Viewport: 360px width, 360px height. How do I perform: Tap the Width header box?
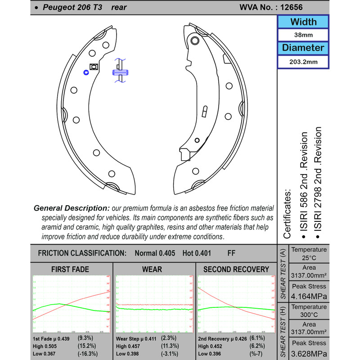pyautogui.click(x=303, y=22)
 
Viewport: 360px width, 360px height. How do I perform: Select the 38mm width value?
pyautogui.click(x=303, y=35)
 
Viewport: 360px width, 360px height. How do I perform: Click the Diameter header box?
pyautogui.click(x=303, y=47)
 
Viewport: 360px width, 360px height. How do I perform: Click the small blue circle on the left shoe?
pyautogui.click(x=86, y=71)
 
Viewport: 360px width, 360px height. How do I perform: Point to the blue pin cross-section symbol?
pyautogui.click(x=121, y=72)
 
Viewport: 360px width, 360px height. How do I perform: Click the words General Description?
pyautogui.click(x=72, y=208)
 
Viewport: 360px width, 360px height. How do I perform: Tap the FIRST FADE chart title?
pyautogui.click(x=71, y=270)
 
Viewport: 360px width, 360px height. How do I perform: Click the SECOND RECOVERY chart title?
pyautogui.click(x=236, y=270)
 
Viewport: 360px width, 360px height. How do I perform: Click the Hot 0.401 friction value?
pyautogui.click(x=197, y=253)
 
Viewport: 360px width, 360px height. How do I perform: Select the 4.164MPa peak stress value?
pyautogui.click(x=309, y=297)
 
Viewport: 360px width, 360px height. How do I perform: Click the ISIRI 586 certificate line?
pyautogui.click(x=304, y=184)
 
